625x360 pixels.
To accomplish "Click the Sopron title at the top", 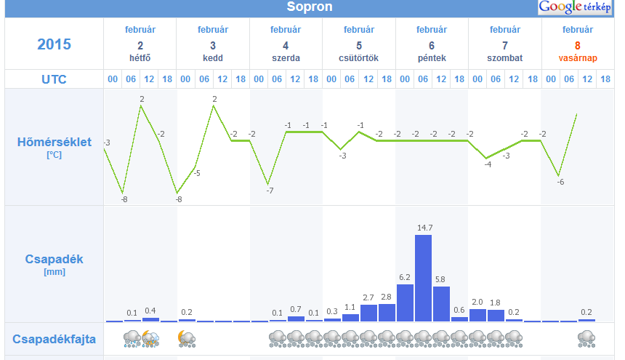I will pos(310,7).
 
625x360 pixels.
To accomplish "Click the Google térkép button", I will pos(575,7).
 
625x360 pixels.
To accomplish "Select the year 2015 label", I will pos(55,44).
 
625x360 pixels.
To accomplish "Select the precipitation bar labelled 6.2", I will pos(405,303).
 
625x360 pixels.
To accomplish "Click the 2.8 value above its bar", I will pos(387,297).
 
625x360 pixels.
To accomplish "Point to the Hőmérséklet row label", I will pos(55,142).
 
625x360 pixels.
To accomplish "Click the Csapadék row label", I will pos(55,258).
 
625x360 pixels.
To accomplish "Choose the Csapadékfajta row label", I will pos(55,339).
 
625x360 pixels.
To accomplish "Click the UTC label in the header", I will pos(55,79).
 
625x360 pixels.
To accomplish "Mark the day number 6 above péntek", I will pos(432,45).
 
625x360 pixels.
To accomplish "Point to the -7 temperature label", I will pos(269,191).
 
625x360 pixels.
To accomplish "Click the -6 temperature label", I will pos(560,182).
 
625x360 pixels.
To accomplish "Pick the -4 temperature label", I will pos(488,164).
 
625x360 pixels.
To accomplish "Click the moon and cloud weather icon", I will pos(186,338).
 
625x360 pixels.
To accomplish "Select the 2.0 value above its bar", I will pos(477,302).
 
